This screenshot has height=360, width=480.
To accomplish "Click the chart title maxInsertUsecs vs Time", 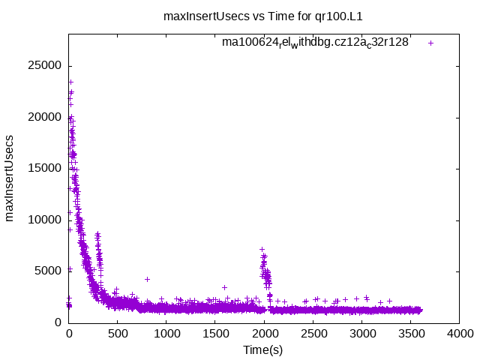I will [268, 15].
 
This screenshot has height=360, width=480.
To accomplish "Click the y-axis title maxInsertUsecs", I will [10, 178].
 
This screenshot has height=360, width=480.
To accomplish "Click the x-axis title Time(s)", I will [263, 350].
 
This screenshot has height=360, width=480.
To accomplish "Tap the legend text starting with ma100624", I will [315, 43].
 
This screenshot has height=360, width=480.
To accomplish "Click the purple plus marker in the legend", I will [430, 43].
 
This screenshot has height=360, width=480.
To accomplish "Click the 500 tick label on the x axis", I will [118, 334].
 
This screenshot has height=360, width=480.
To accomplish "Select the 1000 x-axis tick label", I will [166, 334].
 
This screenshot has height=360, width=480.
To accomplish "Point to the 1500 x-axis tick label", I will [215, 334].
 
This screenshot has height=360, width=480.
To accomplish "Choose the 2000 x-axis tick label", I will [264, 334].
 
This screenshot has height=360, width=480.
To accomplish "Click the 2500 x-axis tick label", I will [313, 334].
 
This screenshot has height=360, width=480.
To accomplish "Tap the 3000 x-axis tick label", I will [361, 334].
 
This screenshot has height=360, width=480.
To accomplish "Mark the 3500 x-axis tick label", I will [410, 334].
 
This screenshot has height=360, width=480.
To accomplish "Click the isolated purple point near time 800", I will [148, 279].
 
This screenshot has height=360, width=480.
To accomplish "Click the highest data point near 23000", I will [70, 82].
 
